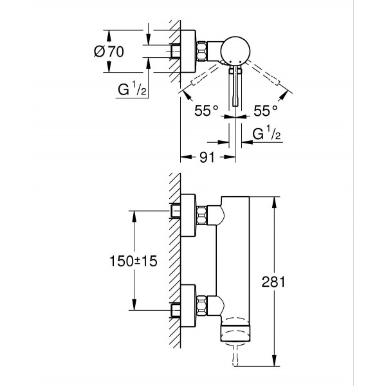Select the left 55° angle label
click(207, 109)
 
